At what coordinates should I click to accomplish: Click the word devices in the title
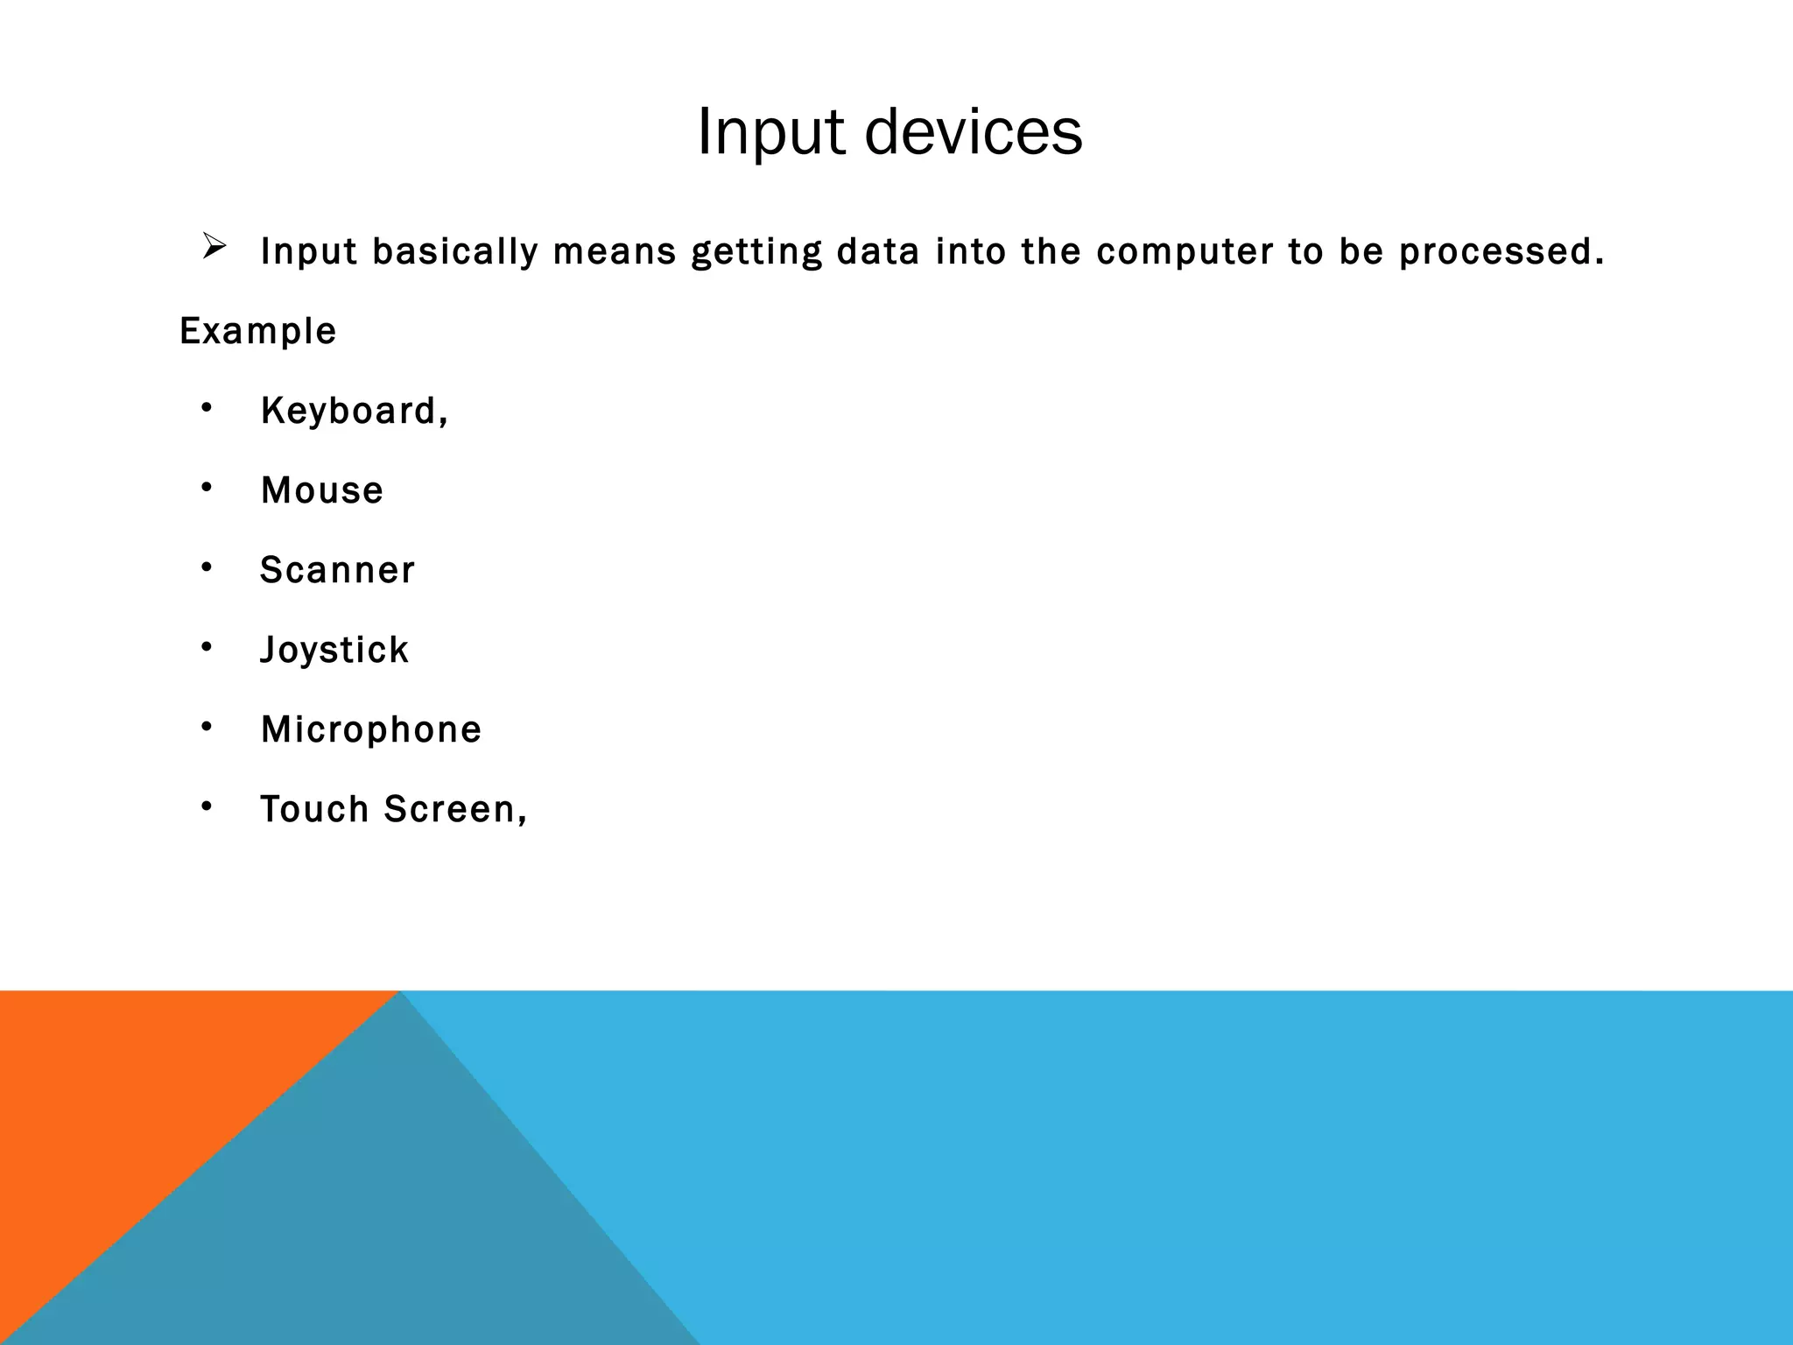pyautogui.click(x=973, y=132)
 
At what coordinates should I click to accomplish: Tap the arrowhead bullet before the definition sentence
pyautogui.click(x=214, y=246)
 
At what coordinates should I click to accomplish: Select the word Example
pyautogui.click(x=257, y=331)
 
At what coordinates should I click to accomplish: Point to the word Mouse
pyautogui.click(x=322, y=490)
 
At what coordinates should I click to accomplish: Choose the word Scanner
pyautogui.click(x=337, y=570)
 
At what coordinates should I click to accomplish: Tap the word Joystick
pyautogui.click(x=334, y=650)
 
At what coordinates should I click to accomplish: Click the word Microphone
pyautogui.click(x=371, y=729)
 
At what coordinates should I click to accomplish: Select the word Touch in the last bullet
pyautogui.click(x=314, y=809)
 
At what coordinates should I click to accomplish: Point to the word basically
pyautogui.click(x=455, y=252)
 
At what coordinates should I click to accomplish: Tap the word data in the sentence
pyautogui.click(x=878, y=252)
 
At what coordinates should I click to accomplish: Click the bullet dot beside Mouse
pyautogui.click(x=207, y=488)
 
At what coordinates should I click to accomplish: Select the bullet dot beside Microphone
pyautogui.click(x=207, y=727)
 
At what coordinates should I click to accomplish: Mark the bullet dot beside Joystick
pyautogui.click(x=207, y=647)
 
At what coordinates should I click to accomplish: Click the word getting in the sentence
pyautogui.click(x=756, y=252)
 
